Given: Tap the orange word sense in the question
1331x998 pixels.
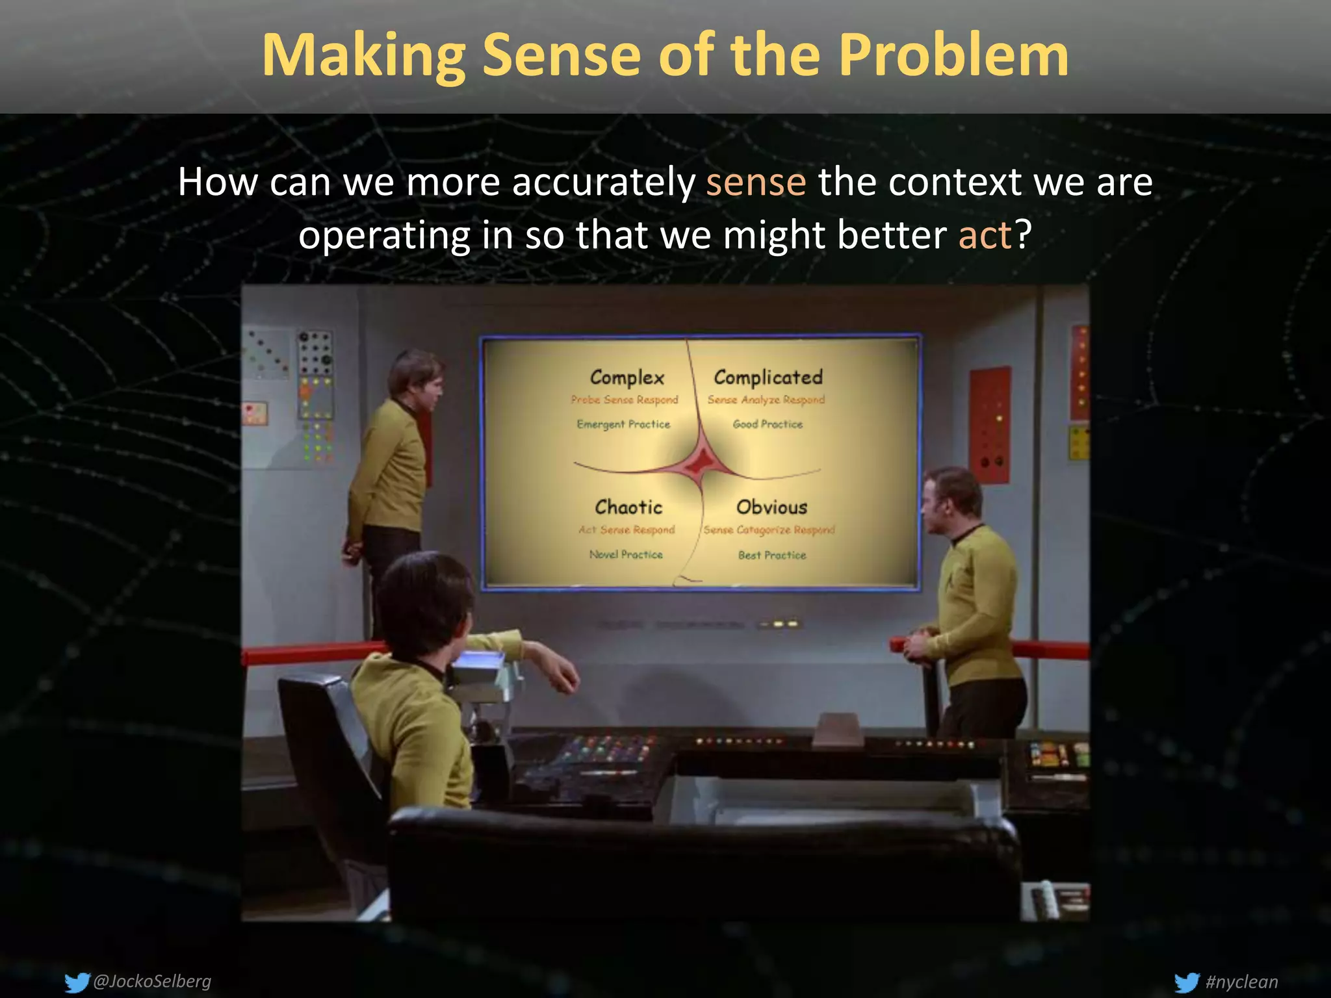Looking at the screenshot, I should pyautogui.click(x=756, y=182).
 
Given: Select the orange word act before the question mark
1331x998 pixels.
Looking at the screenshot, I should pyautogui.click(x=985, y=235).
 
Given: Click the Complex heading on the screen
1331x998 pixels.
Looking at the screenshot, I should pyautogui.click(x=627, y=377).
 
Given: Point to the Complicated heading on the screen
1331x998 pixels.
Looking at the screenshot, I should pyautogui.click(x=768, y=377).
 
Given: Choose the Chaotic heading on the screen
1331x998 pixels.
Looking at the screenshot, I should pyautogui.click(x=628, y=507).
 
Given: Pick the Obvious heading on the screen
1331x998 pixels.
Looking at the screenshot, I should pyautogui.click(x=771, y=507).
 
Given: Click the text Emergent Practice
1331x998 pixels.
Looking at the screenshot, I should pyautogui.click(x=623, y=424).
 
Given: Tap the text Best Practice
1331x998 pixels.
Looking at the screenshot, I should pyautogui.click(x=772, y=555).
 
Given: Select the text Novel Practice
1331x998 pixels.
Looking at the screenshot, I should pyautogui.click(x=626, y=554).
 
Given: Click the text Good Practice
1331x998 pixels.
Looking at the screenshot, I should pyautogui.click(x=768, y=424).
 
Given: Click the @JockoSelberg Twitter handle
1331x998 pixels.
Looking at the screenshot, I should pyautogui.click(x=152, y=980).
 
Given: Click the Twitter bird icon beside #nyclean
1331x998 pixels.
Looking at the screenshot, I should pyautogui.click(x=1187, y=982).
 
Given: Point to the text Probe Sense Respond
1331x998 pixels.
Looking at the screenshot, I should pyautogui.click(x=624, y=400).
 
